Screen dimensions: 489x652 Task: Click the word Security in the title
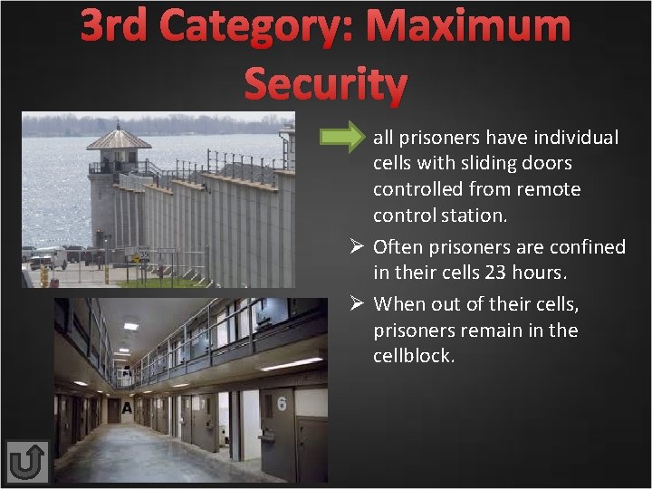[x=326, y=84]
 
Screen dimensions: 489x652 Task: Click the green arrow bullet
[x=342, y=138]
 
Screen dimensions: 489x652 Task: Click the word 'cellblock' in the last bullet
[x=413, y=356]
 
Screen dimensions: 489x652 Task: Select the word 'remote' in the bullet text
[x=551, y=190]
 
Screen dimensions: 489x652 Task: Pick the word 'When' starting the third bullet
[x=398, y=303]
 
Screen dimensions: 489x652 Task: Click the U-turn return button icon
[x=26, y=462]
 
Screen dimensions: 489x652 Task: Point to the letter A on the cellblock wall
[x=127, y=408]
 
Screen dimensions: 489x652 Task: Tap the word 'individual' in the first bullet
[x=576, y=138]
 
